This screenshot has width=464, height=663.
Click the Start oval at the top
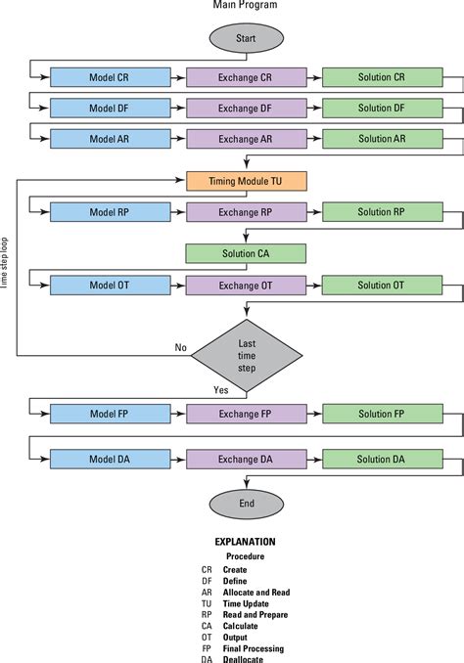[x=245, y=39]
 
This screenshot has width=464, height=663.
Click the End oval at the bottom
[x=245, y=504]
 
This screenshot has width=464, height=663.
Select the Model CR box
[x=110, y=77]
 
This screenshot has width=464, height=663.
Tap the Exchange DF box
[x=245, y=109]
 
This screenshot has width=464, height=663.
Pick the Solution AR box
[x=381, y=139]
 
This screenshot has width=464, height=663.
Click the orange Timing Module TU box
[x=245, y=181]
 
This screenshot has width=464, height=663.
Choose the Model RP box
[x=110, y=212]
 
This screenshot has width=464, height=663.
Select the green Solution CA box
[x=245, y=253]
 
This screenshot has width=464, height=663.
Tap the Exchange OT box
[x=245, y=285]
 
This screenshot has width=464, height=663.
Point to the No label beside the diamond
[x=180, y=346]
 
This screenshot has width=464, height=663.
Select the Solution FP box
[x=381, y=414]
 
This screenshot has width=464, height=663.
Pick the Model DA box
[x=110, y=459]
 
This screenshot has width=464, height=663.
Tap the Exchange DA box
[x=245, y=459]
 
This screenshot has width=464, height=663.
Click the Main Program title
[x=245, y=6]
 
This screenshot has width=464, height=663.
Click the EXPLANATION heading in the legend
[x=245, y=541]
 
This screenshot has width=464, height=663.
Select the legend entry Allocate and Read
[x=255, y=592]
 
